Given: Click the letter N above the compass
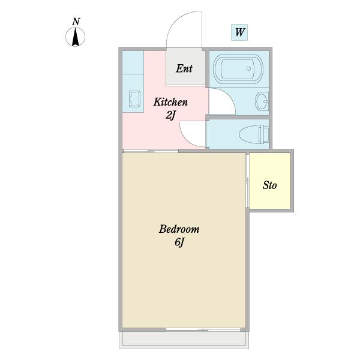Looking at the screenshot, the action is point(76,22).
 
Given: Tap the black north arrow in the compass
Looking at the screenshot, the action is point(76,37).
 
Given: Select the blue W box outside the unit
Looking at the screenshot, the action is point(239,32).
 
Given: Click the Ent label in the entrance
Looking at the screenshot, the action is point(184,68).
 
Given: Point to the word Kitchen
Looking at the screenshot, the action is point(170,102).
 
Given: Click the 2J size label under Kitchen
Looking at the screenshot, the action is point(170,115).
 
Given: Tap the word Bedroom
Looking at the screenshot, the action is point(179,229).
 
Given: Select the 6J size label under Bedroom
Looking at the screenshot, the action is point(179,242).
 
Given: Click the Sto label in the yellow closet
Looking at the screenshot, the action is point(269,185).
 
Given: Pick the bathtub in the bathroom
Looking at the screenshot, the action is point(238,68).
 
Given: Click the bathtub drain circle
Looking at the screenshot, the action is point(248,68).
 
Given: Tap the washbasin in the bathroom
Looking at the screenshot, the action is point(262,101).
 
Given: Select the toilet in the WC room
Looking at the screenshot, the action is point(254,134).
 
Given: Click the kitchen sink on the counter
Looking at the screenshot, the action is point(134,99).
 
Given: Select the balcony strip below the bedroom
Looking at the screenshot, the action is point(184,340).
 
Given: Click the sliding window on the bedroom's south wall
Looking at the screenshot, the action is point(203,329).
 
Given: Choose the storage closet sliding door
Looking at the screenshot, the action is point(247,181).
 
